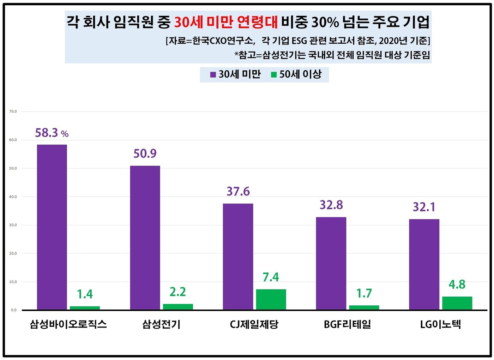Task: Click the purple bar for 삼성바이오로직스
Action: click(x=52, y=227)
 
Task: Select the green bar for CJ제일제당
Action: click(x=271, y=299)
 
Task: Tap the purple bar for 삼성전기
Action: click(x=145, y=238)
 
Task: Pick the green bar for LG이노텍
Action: click(x=457, y=303)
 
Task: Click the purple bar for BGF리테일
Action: click(x=331, y=263)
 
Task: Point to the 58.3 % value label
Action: click(x=52, y=133)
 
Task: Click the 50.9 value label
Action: click(x=145, y=153)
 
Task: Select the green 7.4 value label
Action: click(x=271, y=277)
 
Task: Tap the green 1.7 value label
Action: click(x=364, y=293)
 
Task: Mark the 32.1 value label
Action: click(x=424, y=207)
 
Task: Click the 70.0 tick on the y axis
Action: click(x=13, y=111)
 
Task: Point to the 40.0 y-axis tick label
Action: click(x=13, y=197)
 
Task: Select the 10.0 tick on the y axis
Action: click(x=13, y=282)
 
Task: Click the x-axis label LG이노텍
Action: click(x=440, y=324)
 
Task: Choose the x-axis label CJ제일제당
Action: click(x=254, y=324)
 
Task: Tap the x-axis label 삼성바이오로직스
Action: click(x=68, y=324)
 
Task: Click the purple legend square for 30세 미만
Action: click(x=213, y=75)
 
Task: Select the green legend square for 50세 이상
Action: click(x=274, y=75)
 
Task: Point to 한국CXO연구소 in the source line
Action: click(x=223, y=41)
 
